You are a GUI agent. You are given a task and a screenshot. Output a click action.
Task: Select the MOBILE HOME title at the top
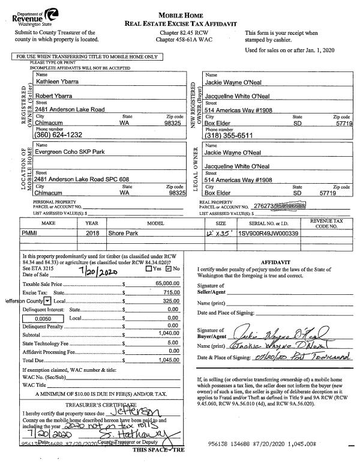[179, 14]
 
